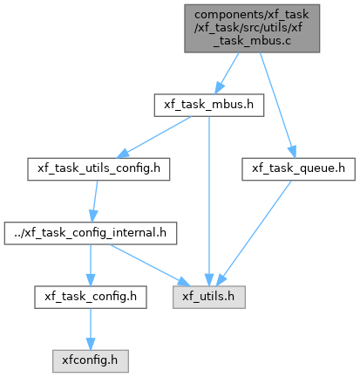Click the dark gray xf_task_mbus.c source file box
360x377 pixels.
(252, 28)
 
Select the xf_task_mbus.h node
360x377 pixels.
(209, 105)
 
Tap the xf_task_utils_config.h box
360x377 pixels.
(98, 169)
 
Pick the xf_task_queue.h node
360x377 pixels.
(298, 169)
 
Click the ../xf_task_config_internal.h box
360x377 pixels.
(91, 233)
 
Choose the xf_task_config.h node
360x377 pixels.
(91, 297)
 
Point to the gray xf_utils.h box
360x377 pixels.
(209, 297)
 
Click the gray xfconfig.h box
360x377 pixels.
(91, 361)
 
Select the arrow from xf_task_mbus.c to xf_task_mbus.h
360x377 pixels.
(227, 73)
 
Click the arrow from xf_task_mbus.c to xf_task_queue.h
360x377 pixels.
(278, 106)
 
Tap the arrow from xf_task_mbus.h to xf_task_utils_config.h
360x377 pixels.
(153, 137)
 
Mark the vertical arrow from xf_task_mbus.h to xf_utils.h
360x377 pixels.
(209, 202)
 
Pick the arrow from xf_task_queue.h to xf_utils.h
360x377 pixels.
(254, 233)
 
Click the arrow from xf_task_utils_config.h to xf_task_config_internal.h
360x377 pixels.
(94, 202)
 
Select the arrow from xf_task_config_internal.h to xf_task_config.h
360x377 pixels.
(91, 265)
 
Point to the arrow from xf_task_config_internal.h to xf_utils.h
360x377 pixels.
(150, 265)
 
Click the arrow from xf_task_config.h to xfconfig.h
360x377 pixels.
(91, 329)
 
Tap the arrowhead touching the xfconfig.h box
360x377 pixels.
(91, 345)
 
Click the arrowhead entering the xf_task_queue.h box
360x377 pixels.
(293, 152)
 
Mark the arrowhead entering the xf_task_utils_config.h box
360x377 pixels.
(123, 154)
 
